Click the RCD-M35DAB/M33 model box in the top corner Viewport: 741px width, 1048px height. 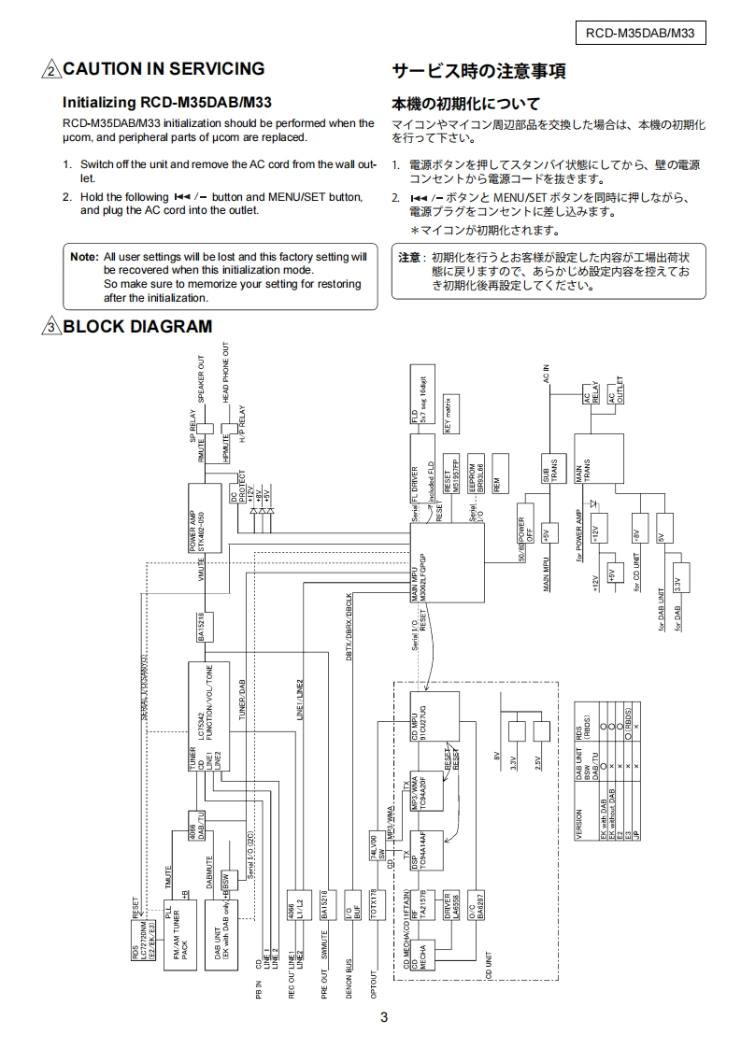click(x=640, y=34)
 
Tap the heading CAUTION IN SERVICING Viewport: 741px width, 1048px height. click(x=164, y=69)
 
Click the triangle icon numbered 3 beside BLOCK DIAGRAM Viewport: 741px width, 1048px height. click(x=50, y=326)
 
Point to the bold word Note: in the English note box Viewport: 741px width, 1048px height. click(x=84, y=256)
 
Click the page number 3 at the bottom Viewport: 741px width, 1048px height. click(x=384, y=1017)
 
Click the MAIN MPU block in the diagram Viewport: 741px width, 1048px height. click(x=447, y=564)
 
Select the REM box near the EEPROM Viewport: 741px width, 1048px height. click(x=500, y=476)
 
